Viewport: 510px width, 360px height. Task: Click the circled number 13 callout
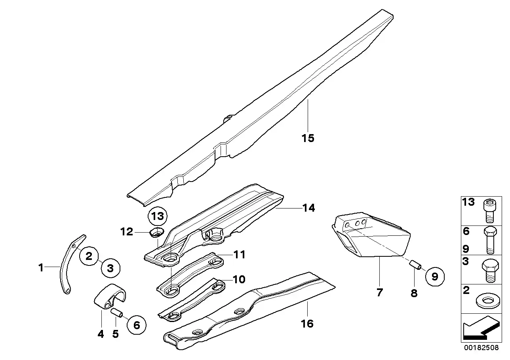pyautogui.click(x=158, y=216)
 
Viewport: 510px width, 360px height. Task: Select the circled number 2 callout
pyautogui.click(x=89, y=256)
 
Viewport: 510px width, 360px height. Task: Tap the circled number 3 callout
pyautogui.click(x=110, y=268)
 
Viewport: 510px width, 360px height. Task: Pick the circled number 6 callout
pyautogui.click(x=136, y=325)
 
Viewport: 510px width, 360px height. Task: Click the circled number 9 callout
pyautogui.click(x=435, y=277)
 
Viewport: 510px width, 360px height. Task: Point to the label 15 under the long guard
pyautogui.click(x=308, y=138)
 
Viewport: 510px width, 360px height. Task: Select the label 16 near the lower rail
pyautogui.click(x=307, y=324)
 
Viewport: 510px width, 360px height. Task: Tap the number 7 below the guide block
pyautogui.click(x=379, y=293)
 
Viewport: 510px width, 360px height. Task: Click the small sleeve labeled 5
pyautogui.click(x=117, y=313)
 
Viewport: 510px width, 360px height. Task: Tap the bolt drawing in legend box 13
pyautogui.click(x=488, y=212)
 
